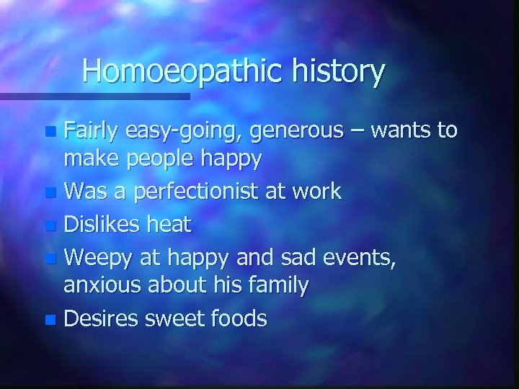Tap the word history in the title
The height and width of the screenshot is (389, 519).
(340, 71)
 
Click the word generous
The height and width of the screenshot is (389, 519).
(298, 131)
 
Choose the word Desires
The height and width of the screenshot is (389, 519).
(102, 318)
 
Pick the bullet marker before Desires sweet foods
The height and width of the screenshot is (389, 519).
(50, 319)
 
